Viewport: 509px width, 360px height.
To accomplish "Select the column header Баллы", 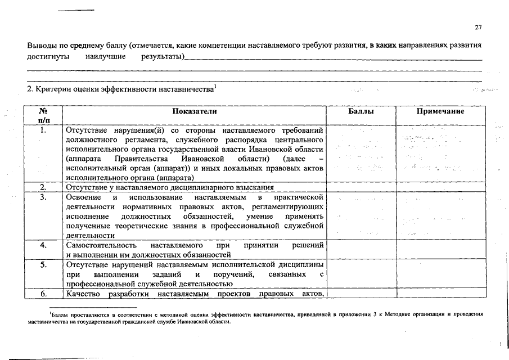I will coord(361,112).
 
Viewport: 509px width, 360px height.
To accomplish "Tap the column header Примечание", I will coord(440,112).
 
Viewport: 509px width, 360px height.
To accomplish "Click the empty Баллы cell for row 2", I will coord(361,187).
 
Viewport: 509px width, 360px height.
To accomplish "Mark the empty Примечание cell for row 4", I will coord(440,250).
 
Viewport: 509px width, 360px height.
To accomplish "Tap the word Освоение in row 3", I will coord(83,197).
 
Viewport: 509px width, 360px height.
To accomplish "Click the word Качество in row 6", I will coord(82,294).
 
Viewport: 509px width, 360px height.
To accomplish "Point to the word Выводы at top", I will coord(42,45).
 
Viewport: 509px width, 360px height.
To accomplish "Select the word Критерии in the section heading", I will coord(56,90).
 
